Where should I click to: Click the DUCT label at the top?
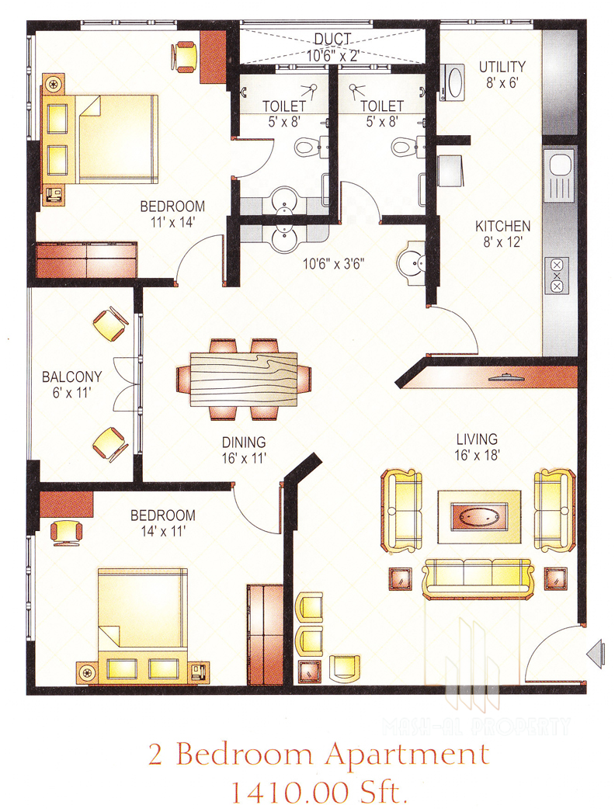point(332,40)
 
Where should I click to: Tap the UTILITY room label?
point(502,67)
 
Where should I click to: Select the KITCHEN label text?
point(502,227)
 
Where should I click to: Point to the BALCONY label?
point(71,377)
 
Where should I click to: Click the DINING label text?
point(244,443)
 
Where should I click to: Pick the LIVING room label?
point(477,439)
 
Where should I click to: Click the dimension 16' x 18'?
point(477,455)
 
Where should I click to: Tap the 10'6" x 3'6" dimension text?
point(333,264)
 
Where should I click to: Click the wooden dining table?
point(244,379)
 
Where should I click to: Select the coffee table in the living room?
point(479,516)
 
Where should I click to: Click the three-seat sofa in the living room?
point(478,579)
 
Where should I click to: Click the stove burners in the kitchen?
point(557,276)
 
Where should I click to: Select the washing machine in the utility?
point(453,82)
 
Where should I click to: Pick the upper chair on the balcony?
point(110,324)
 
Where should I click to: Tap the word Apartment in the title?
point(407,755)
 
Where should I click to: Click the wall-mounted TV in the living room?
point(507,377)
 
